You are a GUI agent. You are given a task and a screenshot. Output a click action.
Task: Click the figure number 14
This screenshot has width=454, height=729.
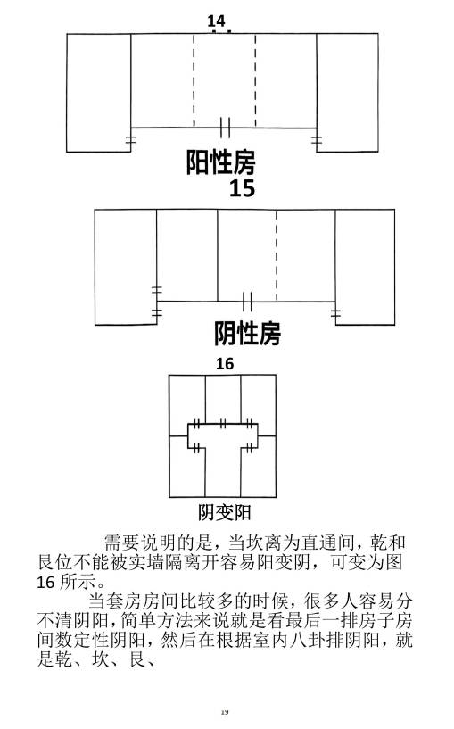[216, 21]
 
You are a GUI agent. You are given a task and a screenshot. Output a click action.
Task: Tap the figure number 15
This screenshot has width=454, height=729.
[242, 188]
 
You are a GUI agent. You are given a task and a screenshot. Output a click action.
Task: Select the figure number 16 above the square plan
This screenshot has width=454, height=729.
[225, 363]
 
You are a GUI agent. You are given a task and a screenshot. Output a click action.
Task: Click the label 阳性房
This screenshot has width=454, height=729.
[220, 162]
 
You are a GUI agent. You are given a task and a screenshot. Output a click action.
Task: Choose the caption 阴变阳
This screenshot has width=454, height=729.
[225, 513]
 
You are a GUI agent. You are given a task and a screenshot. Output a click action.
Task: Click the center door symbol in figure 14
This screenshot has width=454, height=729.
[225, 128]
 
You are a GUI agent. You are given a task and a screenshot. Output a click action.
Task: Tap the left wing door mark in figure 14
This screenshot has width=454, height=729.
[130, 139]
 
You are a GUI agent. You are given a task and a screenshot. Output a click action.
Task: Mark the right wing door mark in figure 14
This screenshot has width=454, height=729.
[317, 139]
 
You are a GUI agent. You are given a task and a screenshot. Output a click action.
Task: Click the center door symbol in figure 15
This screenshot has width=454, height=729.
[247, 302]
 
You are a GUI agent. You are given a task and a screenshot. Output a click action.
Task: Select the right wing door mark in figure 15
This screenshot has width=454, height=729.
[335, 313]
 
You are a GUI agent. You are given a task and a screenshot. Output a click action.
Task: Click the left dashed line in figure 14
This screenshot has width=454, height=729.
[194, 80]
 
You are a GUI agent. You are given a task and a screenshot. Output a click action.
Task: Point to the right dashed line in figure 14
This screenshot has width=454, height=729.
[255, 80]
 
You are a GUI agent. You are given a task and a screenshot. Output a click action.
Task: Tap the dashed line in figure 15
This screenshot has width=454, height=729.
[276, 256]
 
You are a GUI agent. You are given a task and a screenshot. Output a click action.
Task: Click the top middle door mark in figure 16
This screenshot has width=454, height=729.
[223, 424]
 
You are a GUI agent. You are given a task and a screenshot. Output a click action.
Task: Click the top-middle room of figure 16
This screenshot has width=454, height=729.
[223, 399]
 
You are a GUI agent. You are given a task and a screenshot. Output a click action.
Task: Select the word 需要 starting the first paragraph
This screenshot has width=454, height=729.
[113, 543]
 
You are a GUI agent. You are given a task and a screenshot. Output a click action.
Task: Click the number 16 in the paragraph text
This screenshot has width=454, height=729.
[45, 582]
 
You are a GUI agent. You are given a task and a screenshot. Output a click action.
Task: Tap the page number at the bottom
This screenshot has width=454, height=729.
[225, 712]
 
